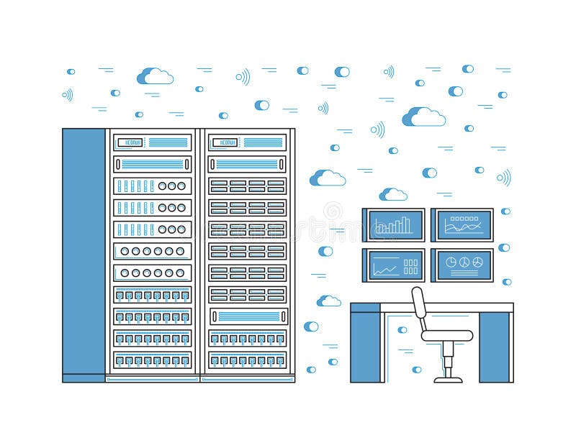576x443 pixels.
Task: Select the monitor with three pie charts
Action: point(462,265)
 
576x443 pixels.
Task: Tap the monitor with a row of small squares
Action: point(462,225)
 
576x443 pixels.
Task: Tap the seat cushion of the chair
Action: point(446,335)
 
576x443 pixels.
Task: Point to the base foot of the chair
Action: point(447,377)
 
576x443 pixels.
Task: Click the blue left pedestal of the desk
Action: point(365,343)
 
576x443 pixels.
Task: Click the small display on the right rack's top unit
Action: point(228,142)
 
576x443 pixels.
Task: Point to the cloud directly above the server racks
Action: point(156,76)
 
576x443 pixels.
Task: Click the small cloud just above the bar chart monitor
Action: point(393,194)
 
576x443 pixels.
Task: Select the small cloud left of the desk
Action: point(329,301)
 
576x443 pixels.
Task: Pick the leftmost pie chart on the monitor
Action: point(451,262)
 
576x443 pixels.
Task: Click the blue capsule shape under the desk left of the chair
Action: point(402,330)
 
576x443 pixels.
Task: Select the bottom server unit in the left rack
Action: point(152,360)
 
